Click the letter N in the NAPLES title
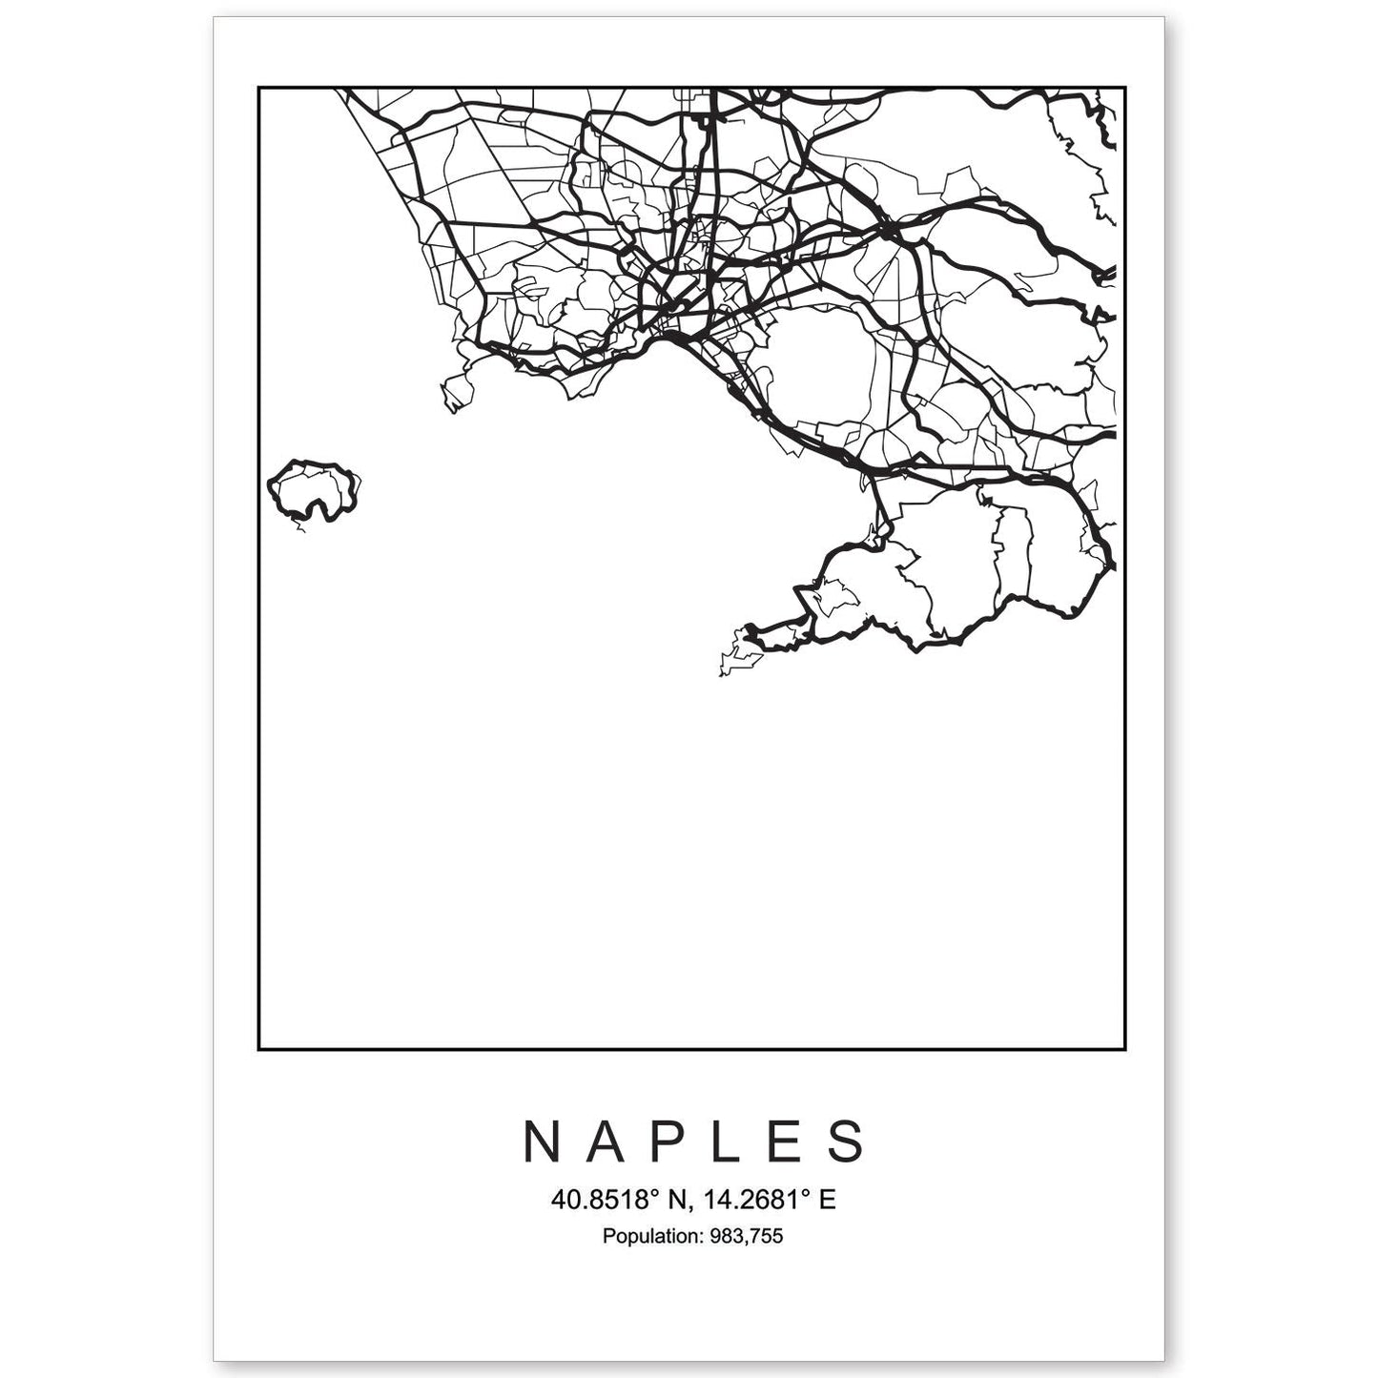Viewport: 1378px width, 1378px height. click(x=541, y=1141)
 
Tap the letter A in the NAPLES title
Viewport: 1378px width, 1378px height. click(x=607, y=1141)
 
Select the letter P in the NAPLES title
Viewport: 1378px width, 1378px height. click(x=668, y=1141)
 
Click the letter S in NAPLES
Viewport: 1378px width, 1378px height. click(x=847, y=1141)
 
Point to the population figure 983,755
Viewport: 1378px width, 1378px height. click(x=745, y=1237)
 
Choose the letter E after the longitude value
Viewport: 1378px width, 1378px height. click(x=828, y=1200)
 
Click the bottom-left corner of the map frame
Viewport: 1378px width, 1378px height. click(x=258, y=1049)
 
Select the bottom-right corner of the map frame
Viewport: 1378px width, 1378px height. click(x=1126, y=1049)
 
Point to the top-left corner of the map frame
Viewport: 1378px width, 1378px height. click(x=258, y=88)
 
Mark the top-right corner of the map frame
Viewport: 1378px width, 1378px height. click(x=1126, y=88)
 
